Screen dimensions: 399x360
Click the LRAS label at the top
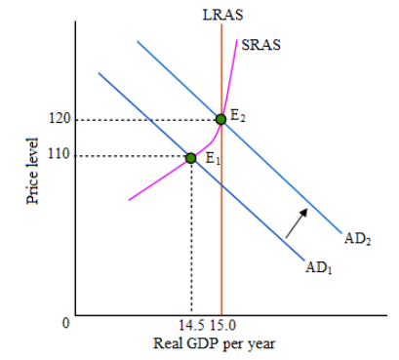[222, 15]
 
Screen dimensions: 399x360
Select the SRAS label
[260, 45]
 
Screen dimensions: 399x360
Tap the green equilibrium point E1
[191, 158]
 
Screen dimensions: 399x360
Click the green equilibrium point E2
[220, 119]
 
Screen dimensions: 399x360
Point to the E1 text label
[213, 159]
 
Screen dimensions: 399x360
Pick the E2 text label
[238, 116]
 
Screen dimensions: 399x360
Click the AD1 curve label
[319, 268]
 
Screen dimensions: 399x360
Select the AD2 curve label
[358, 239]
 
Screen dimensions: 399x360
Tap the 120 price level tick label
[60, 118]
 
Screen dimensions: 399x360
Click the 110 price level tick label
[59, 154]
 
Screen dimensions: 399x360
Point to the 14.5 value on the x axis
[191, 325]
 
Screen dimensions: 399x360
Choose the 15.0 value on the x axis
[222, 325]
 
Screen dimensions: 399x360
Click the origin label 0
[66, 323]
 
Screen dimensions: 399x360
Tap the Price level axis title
[32, 171]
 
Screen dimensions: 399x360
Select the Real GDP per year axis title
[215, 343]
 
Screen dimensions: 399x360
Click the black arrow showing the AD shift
[296, 223]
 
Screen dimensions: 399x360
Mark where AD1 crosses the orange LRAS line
[221, 185]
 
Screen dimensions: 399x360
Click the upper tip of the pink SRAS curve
[237, 40]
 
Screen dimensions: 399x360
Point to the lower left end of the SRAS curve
[129, 200]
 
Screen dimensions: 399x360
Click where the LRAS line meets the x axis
[221, 315]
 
